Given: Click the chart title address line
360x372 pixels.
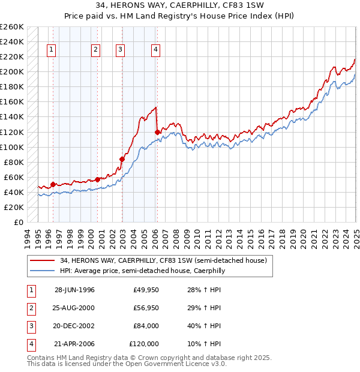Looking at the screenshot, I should pyautogui.click(x=179, y=7).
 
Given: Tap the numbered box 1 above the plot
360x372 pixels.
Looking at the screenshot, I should pyautogui.click(x=51, y=50).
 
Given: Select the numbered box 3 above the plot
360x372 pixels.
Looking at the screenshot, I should pyautogui.click(x=120, y=50).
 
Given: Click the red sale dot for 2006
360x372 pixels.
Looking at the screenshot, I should pyautogui.click(x=157, y=132).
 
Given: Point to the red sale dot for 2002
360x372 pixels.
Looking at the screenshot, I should pyautogui.click(x=122, y=159).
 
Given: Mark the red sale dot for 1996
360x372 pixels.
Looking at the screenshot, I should pyautogui.click(x=53, y=185).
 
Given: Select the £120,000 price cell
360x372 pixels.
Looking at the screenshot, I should pyautogui.click(x=144, y=344).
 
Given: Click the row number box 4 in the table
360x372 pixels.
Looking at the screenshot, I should pyautogui.click(x=31, y=344).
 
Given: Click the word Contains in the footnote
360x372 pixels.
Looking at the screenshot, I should pyautogui.click(x=41, y=358).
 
